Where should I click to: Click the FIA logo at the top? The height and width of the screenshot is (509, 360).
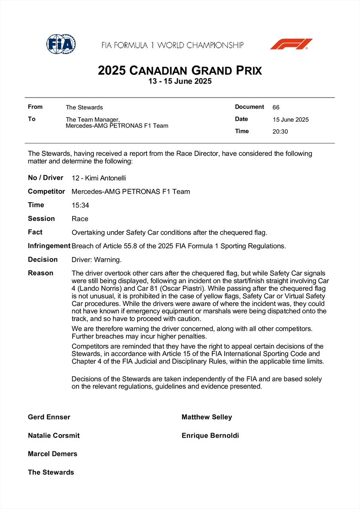(61, 44)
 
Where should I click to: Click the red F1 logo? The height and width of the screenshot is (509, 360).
(291, 44)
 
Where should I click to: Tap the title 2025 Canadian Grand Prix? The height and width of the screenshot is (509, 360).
(180, 70)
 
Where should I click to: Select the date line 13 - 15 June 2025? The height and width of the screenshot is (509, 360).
(180, 81)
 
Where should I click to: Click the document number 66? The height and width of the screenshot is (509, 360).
(276, 107)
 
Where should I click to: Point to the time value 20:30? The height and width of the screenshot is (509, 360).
(280, 131)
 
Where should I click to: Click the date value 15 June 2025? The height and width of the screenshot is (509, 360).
(291, 120)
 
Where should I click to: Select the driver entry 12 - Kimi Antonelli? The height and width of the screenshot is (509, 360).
(99, 178)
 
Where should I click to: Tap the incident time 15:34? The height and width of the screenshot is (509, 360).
(80, 205)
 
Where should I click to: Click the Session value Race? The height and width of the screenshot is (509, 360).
(80, 219)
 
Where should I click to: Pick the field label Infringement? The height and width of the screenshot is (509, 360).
(49, 246)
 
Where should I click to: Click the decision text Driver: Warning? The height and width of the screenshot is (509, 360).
(97, 260)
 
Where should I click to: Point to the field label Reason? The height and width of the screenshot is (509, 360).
(41, 273)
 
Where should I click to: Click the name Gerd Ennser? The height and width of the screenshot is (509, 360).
(49, 417)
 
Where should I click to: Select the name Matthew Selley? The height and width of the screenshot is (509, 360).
(207, 417)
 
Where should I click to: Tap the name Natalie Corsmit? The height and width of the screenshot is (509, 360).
(54, 436)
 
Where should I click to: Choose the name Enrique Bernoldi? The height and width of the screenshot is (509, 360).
(210, 436)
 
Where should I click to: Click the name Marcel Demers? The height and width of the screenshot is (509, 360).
(53, 454)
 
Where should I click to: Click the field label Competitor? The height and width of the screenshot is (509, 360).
(46, 192)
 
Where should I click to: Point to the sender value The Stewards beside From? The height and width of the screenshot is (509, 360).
(84, 107)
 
